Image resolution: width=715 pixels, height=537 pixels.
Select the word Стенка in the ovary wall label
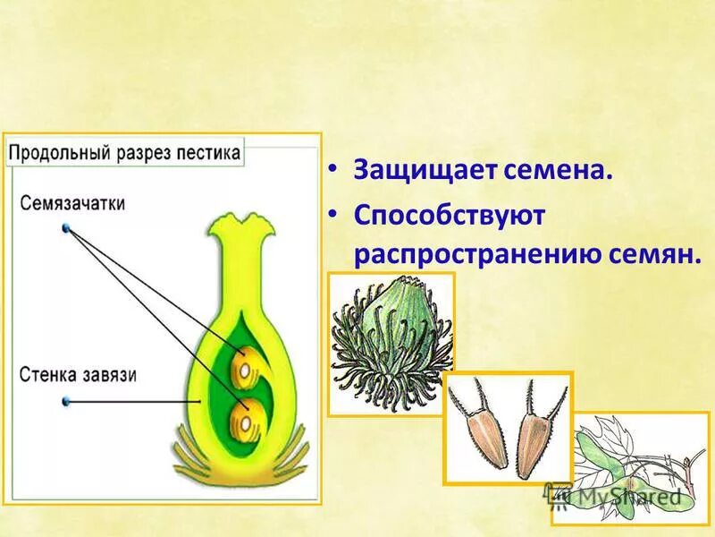(x=46, y=374)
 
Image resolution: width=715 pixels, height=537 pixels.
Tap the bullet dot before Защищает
(x=332, y=168)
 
